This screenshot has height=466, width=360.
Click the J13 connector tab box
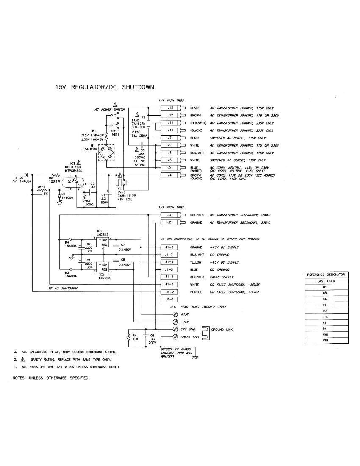coord(170,108)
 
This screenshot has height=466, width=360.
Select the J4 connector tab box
coord(170,175)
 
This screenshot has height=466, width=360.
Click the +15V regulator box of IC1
coord(103,242)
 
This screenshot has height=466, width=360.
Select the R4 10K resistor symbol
coord(128,338)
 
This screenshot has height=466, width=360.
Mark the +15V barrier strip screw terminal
coord(175,314)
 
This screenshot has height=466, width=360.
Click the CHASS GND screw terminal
coord(175,337)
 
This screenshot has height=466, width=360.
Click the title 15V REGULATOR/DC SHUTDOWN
coord(105,87)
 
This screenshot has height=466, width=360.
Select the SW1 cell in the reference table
coord(326,334)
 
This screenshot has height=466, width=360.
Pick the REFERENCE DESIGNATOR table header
coord(326,275)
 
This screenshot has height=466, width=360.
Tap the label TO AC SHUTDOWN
coord(64,288)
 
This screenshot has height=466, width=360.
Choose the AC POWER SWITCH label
coord(109,109)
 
